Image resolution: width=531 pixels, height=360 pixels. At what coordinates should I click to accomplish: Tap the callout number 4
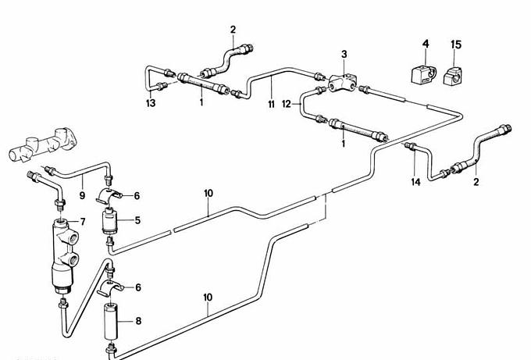point(426,45)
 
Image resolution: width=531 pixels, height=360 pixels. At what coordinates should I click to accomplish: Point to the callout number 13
point(150,102)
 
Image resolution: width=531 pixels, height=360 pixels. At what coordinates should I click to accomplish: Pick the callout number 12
point(287,103)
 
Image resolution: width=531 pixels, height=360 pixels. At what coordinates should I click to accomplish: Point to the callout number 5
point(137,221)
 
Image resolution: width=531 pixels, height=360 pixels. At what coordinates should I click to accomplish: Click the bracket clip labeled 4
point(418,76)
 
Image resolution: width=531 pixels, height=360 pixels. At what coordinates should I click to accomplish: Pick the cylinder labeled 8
point(110,321)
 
